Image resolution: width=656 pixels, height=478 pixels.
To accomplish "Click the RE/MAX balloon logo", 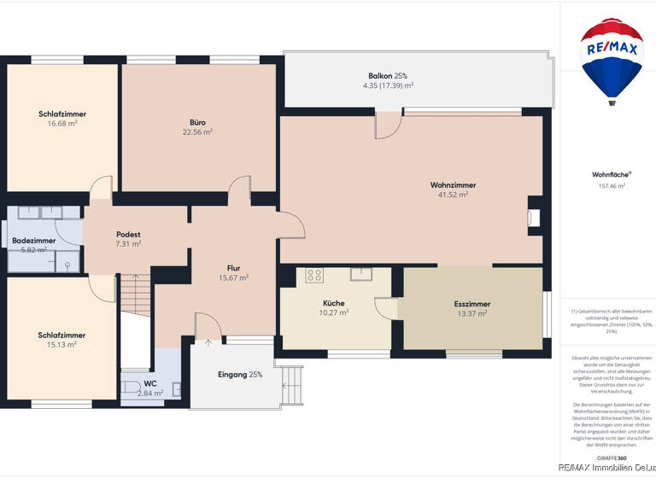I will (x=612, y=60).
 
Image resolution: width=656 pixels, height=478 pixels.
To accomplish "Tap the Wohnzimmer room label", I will (x=453, y=184).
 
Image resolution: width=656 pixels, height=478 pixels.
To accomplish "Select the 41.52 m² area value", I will (x=453, y=195).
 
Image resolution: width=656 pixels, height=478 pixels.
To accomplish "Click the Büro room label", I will (x=197, y=122).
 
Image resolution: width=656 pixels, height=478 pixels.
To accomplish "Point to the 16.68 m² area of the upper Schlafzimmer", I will (x=62, y=123).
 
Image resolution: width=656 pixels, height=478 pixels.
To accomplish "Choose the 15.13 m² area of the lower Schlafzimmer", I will (x=61, y=345).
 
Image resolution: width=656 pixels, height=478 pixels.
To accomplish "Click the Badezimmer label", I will (x=34, y=241).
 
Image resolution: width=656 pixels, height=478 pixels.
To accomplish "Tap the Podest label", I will (x=128, y=234).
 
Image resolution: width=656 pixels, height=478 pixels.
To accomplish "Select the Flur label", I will (x=233, y=267).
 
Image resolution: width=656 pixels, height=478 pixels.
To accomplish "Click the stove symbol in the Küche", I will (x=314, y=275).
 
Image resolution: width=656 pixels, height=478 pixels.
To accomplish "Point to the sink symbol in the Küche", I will (x=362, y=273).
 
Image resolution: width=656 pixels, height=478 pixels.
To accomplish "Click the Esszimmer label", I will (x=471, y=304).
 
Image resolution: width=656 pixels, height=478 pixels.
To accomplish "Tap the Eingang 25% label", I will (x=240, y=374).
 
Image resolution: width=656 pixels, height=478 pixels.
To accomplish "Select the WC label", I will (x=149, y=383).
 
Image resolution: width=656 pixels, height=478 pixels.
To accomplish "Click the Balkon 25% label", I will (x=388, y=76).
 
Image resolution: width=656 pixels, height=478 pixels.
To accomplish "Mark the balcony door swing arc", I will (x=389, y=126).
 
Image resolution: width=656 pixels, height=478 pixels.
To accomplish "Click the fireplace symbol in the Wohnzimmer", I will (x=534, y=218).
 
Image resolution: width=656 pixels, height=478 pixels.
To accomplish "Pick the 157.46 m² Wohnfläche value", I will (x=612, y=185).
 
